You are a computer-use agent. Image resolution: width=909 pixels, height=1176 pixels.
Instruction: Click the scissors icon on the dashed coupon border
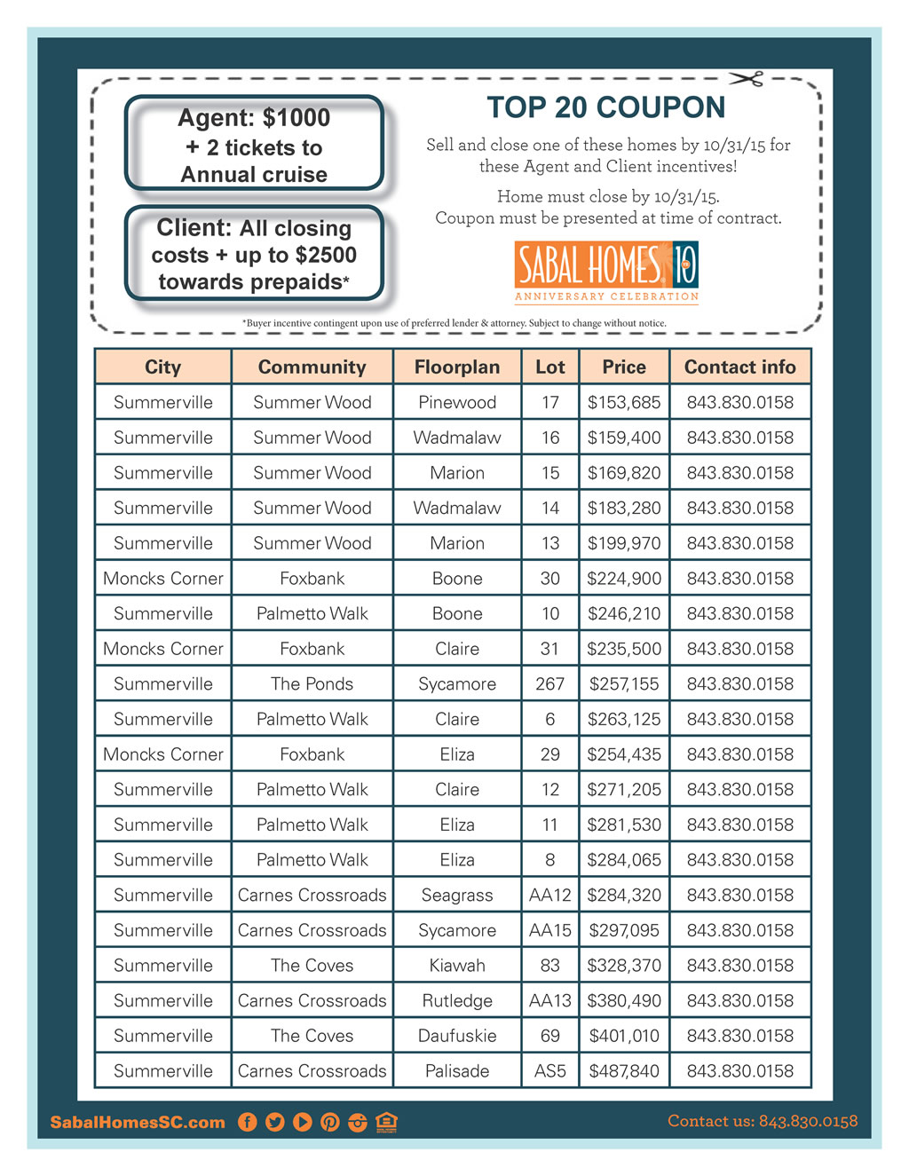[747, 80]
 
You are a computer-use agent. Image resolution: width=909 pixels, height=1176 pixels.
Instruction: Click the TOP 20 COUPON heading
[605, 107]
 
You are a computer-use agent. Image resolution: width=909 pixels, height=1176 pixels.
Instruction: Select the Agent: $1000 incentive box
[254, 144]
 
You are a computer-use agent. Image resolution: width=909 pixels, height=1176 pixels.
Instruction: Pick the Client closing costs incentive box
[254, 255]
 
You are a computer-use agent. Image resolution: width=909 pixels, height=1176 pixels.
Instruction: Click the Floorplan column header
[456, 367]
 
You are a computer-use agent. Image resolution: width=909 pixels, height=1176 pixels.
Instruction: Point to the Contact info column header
[739, 367]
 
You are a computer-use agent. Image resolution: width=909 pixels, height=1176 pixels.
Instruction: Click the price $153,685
[624, 402]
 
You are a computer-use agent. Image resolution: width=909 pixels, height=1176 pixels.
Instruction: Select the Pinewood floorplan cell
[456, 402]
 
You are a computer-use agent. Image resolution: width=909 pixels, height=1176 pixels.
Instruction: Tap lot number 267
[549, 684]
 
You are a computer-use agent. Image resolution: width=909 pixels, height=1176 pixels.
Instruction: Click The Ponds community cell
[312, 684]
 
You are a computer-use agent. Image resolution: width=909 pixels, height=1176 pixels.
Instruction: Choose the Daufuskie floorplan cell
[456, 1036]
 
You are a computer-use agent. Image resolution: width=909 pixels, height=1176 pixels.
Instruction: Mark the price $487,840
[624, 1071]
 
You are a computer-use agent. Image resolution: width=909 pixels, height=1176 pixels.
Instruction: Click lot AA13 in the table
[549, 1000]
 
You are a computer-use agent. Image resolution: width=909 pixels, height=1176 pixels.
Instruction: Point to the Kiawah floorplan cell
[456, 966]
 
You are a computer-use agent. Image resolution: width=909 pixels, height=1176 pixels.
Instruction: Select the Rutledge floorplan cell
[456, 1000]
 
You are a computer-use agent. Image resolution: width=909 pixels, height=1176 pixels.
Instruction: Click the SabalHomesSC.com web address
[138, 1123]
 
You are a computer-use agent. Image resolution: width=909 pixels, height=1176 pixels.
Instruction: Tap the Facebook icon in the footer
[248, 1122]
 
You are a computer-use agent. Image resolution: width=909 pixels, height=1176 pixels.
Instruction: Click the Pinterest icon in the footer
[330, 1122]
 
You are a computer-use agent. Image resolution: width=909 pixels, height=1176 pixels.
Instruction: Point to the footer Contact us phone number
[763, 1121]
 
